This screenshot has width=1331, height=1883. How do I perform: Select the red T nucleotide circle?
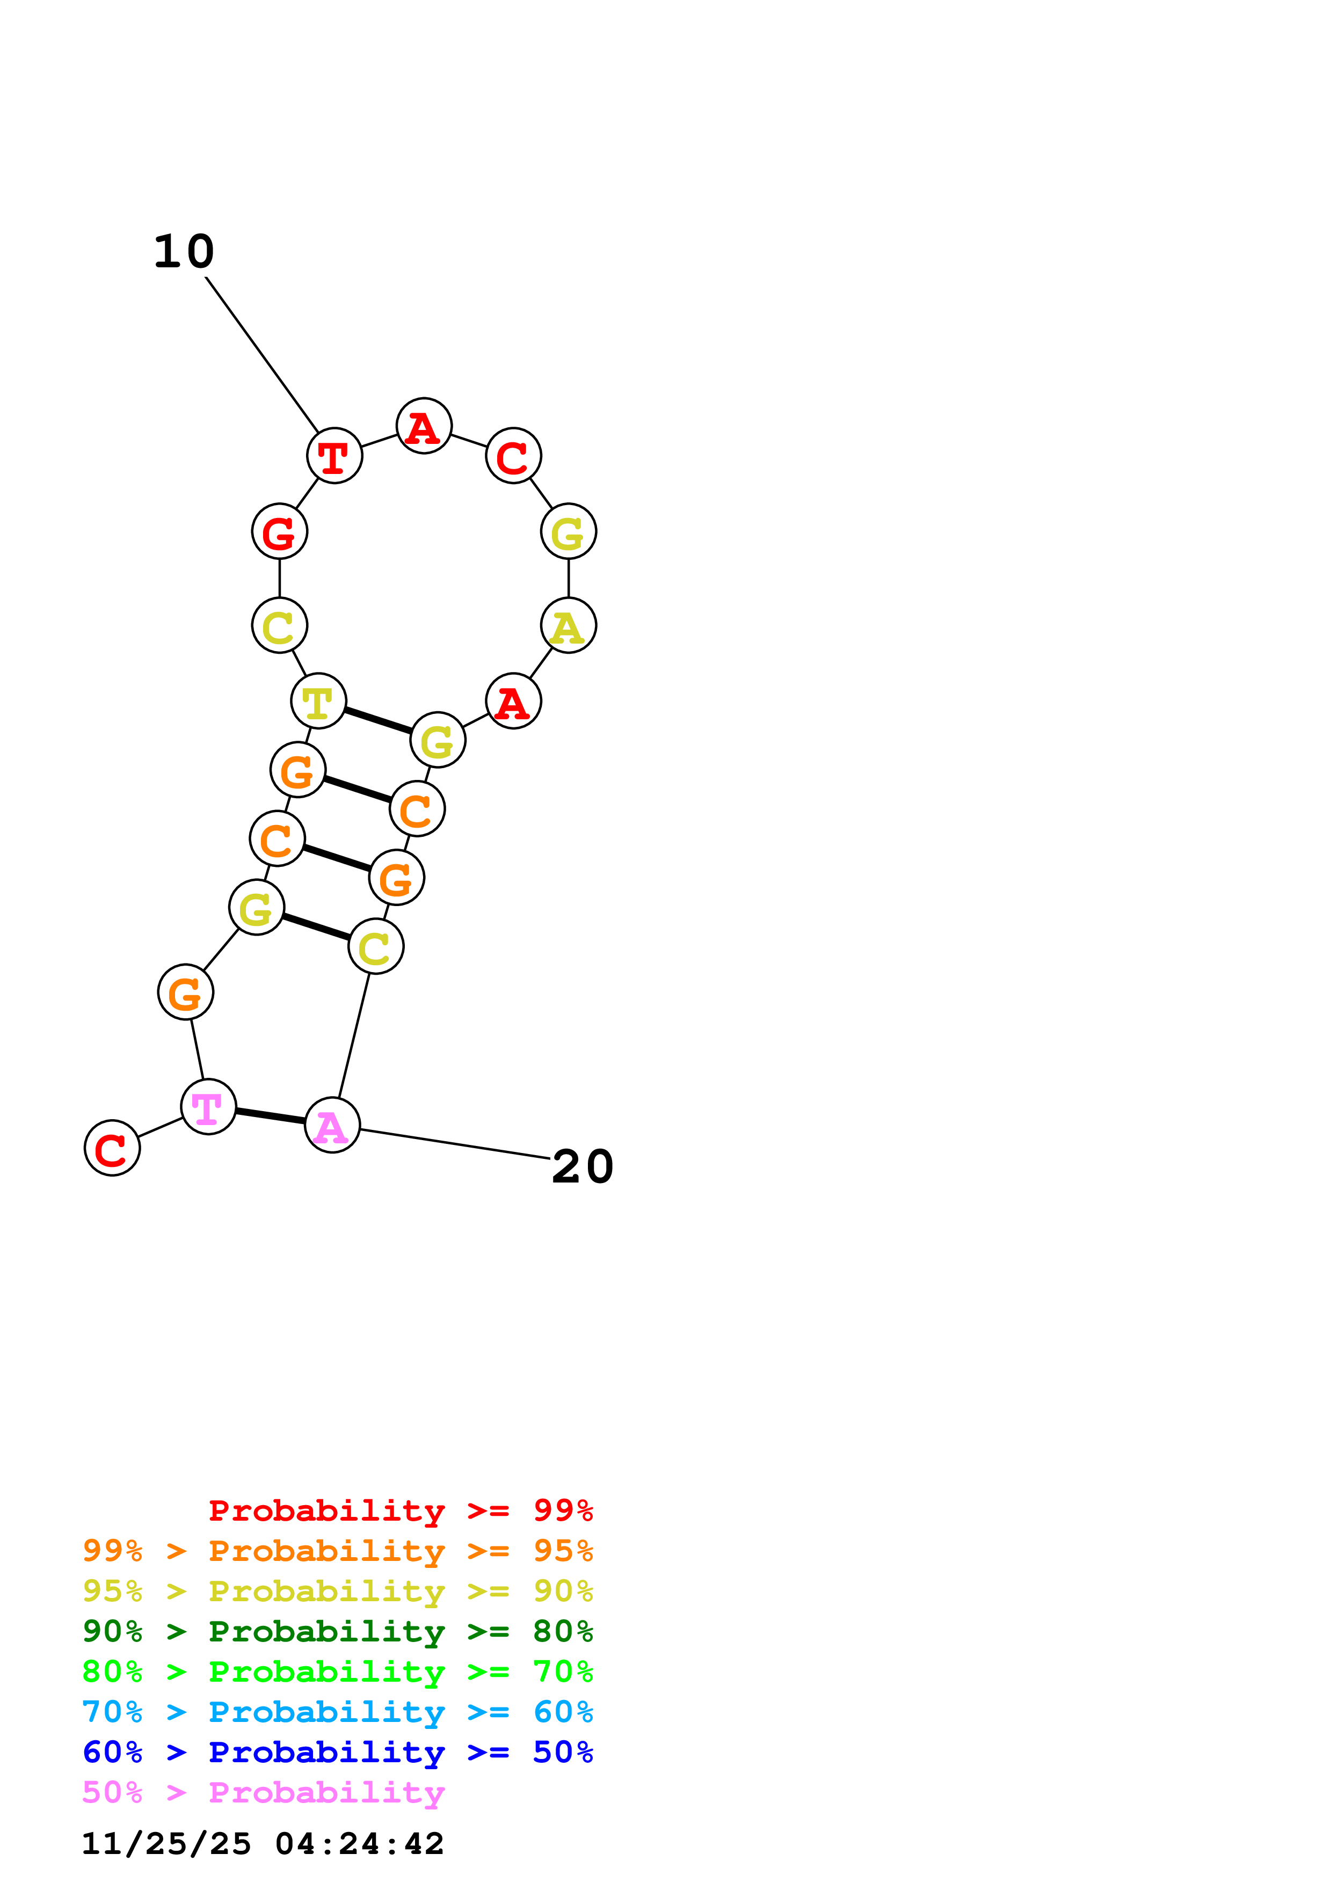334,456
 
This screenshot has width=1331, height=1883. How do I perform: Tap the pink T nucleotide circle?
208,1107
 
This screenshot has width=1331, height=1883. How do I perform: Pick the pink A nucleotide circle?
332,1125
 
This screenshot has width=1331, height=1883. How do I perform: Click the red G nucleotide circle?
280,531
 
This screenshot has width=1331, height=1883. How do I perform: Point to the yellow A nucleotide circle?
569,626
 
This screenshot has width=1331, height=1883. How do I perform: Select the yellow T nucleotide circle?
318,701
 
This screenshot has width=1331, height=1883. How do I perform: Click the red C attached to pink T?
112,1148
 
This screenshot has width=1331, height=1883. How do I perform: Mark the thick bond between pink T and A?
270,1116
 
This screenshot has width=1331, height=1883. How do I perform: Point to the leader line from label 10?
261,354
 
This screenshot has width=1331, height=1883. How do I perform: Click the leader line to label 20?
455,1144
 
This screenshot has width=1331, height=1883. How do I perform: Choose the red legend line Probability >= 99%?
401,1510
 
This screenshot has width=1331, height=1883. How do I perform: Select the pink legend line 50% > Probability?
263,1793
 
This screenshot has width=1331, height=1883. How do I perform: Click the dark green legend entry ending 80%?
337,1631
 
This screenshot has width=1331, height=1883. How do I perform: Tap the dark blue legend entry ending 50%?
337,1752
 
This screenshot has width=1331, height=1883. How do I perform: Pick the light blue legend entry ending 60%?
337,1712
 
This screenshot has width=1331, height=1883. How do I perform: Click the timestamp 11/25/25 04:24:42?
263,1844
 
